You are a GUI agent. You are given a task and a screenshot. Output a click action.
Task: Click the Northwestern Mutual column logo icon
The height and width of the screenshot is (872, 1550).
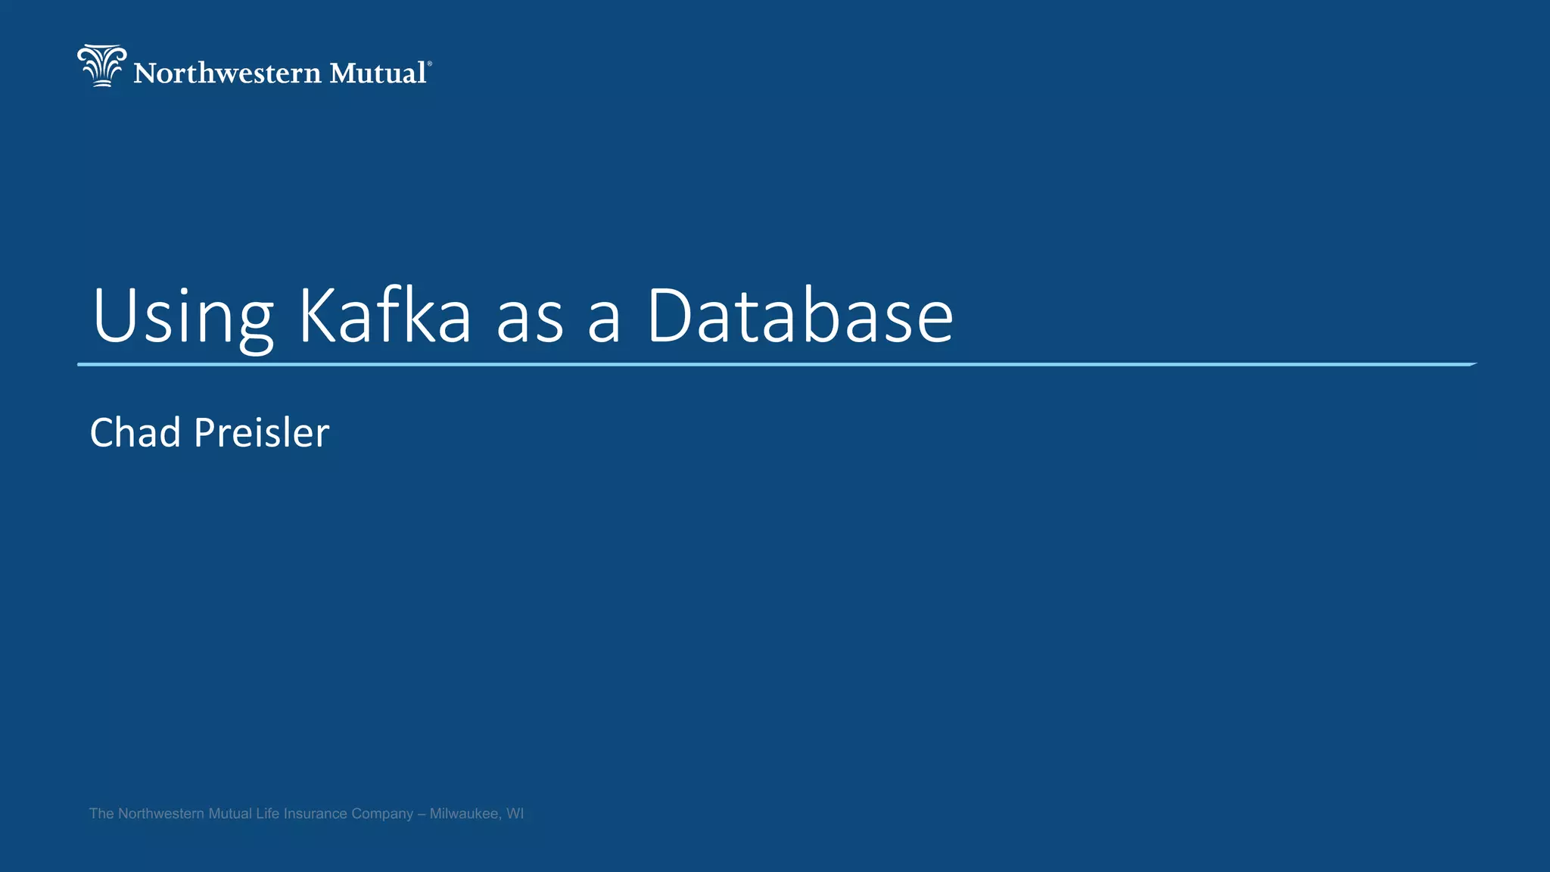(x=101, y=66)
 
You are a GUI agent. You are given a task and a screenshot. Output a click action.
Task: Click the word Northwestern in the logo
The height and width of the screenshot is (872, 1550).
(x=228, y=73)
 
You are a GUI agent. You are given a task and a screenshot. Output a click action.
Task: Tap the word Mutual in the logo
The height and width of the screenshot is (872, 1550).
(x=378, y=73)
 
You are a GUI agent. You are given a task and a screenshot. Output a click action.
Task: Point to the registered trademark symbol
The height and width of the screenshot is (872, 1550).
(x=430, y=64)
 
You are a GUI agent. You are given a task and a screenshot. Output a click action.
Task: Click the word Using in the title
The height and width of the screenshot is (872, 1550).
(x=182, y=316)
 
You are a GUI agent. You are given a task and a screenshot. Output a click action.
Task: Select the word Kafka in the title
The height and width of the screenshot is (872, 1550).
(x=385, y=316)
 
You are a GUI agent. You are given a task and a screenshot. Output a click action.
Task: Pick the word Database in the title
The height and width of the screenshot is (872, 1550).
(x=799, y=316)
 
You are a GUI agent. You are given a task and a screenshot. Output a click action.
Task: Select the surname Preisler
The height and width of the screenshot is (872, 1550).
(x=262, y=433)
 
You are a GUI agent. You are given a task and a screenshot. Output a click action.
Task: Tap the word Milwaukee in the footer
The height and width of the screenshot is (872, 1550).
(x=464, y=814)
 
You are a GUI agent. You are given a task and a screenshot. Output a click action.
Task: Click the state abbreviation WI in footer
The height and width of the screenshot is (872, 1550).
(x=515, y=814)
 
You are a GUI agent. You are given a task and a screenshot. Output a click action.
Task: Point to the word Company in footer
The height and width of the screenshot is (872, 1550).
(x=382, y=814)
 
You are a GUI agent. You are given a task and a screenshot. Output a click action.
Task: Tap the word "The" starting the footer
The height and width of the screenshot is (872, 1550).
(x=101, y=814)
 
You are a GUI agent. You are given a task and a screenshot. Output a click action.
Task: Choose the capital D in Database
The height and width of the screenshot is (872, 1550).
(x=673, y=316)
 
